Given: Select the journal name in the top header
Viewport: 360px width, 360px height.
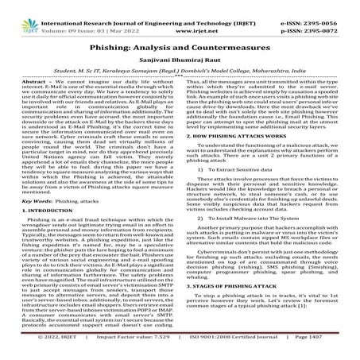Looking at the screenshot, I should (180, 6).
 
